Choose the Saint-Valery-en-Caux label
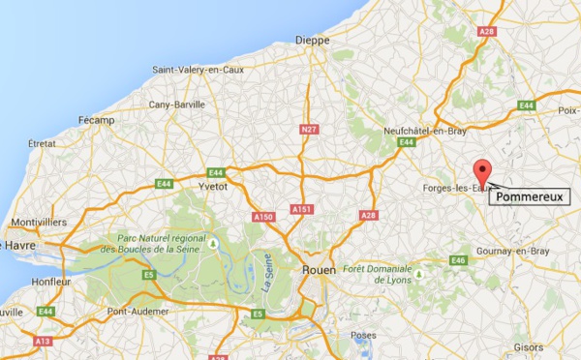click(199, 69)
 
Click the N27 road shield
click(309, 130)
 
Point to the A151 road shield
click(303, 210)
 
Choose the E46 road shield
click(459, 259)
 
